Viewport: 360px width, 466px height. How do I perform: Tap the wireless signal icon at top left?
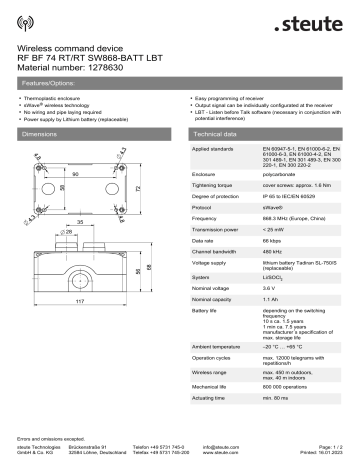[24, 22]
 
